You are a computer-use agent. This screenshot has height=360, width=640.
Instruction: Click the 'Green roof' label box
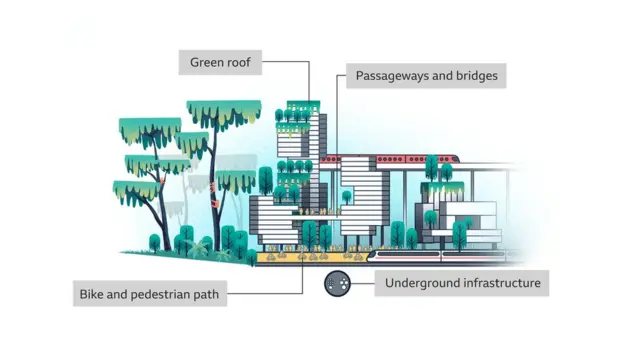[x=226, y=63]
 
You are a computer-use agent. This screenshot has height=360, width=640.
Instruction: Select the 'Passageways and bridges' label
[x=424, y=76]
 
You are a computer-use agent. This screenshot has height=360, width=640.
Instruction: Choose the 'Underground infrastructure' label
[x=462, y=283]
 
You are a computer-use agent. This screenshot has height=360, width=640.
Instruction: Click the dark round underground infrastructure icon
[x=336, y=284]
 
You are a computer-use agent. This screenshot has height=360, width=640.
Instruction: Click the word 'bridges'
[x=472, y=76]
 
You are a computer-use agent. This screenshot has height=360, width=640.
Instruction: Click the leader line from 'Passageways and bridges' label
[x=338, y=110]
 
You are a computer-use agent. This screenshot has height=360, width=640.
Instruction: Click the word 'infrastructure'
[x=501, y=283]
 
